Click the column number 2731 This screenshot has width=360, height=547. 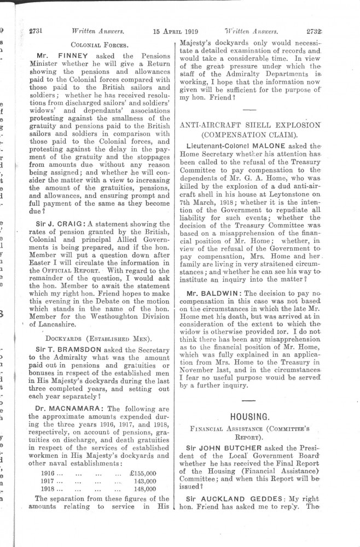(36, 31)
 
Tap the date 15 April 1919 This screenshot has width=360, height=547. (175, 32)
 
